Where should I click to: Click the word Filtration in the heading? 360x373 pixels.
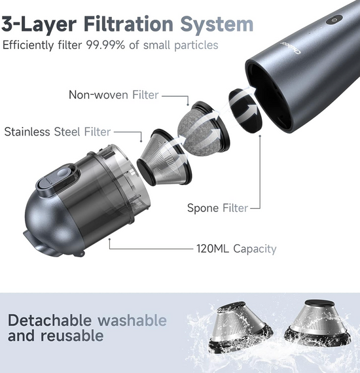[x=128, y=24]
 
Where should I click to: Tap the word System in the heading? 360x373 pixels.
[x=217, y=24]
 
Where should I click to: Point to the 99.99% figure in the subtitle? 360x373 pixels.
[x=105, y=44]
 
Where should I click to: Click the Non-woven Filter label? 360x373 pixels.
[x=113, y=95]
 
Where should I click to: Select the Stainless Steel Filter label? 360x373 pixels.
[x=58, y=132]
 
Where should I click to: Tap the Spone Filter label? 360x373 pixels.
[x=217, y=208]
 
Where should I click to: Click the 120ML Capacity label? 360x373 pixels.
[x=236, y=249]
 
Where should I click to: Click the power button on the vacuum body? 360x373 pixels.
[x=334, y=20]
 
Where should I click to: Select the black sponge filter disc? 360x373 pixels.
[x=245, y=111]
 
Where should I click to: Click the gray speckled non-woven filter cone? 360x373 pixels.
[x=203, y=128]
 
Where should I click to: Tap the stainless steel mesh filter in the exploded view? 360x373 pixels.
[x=164, y=158]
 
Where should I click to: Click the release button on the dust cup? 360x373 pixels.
[x=58, y=179]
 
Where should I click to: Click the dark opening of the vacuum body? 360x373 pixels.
[x=270, y=95]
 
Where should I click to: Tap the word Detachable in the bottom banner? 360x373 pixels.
[x=50, y=320]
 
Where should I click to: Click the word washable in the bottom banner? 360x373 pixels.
[x=132, y=320]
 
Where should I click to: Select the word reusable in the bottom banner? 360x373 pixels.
[x=72, y=336]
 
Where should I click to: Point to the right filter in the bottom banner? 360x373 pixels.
[x=317, y=321]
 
